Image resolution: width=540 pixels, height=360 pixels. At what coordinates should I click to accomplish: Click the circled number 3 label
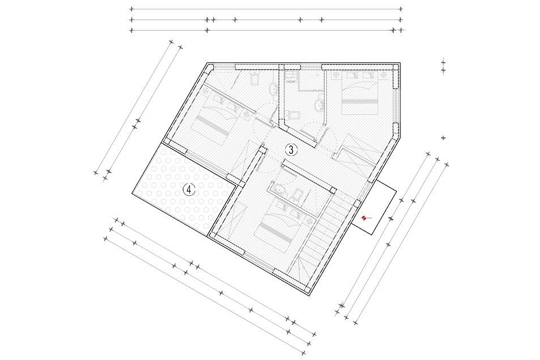pos(291,149)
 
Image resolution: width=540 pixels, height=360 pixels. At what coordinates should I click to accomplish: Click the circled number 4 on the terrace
pos(189,190)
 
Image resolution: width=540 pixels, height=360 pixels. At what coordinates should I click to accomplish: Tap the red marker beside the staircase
pos(364,218)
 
